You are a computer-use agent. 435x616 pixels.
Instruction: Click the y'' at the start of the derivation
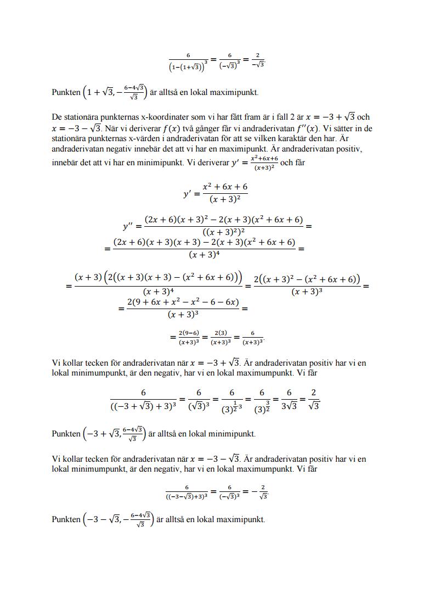[x=132, y=226]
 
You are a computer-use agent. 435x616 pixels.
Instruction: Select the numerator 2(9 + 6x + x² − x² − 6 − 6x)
[x=183, y=303]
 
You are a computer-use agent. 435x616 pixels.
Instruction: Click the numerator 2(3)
[x=220, y=333]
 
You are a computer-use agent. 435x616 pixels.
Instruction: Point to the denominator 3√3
[x=288, y=407]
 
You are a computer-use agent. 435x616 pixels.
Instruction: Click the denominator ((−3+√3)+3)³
[x=144, y=407]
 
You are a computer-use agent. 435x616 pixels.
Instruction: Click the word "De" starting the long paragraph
[x=57, y=117]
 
